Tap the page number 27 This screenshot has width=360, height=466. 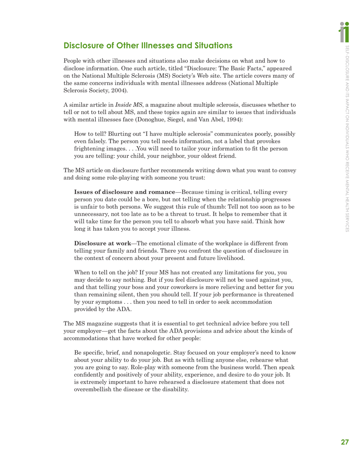click(x=344, y=442)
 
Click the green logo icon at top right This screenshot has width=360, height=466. click(x=344, y=31)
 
